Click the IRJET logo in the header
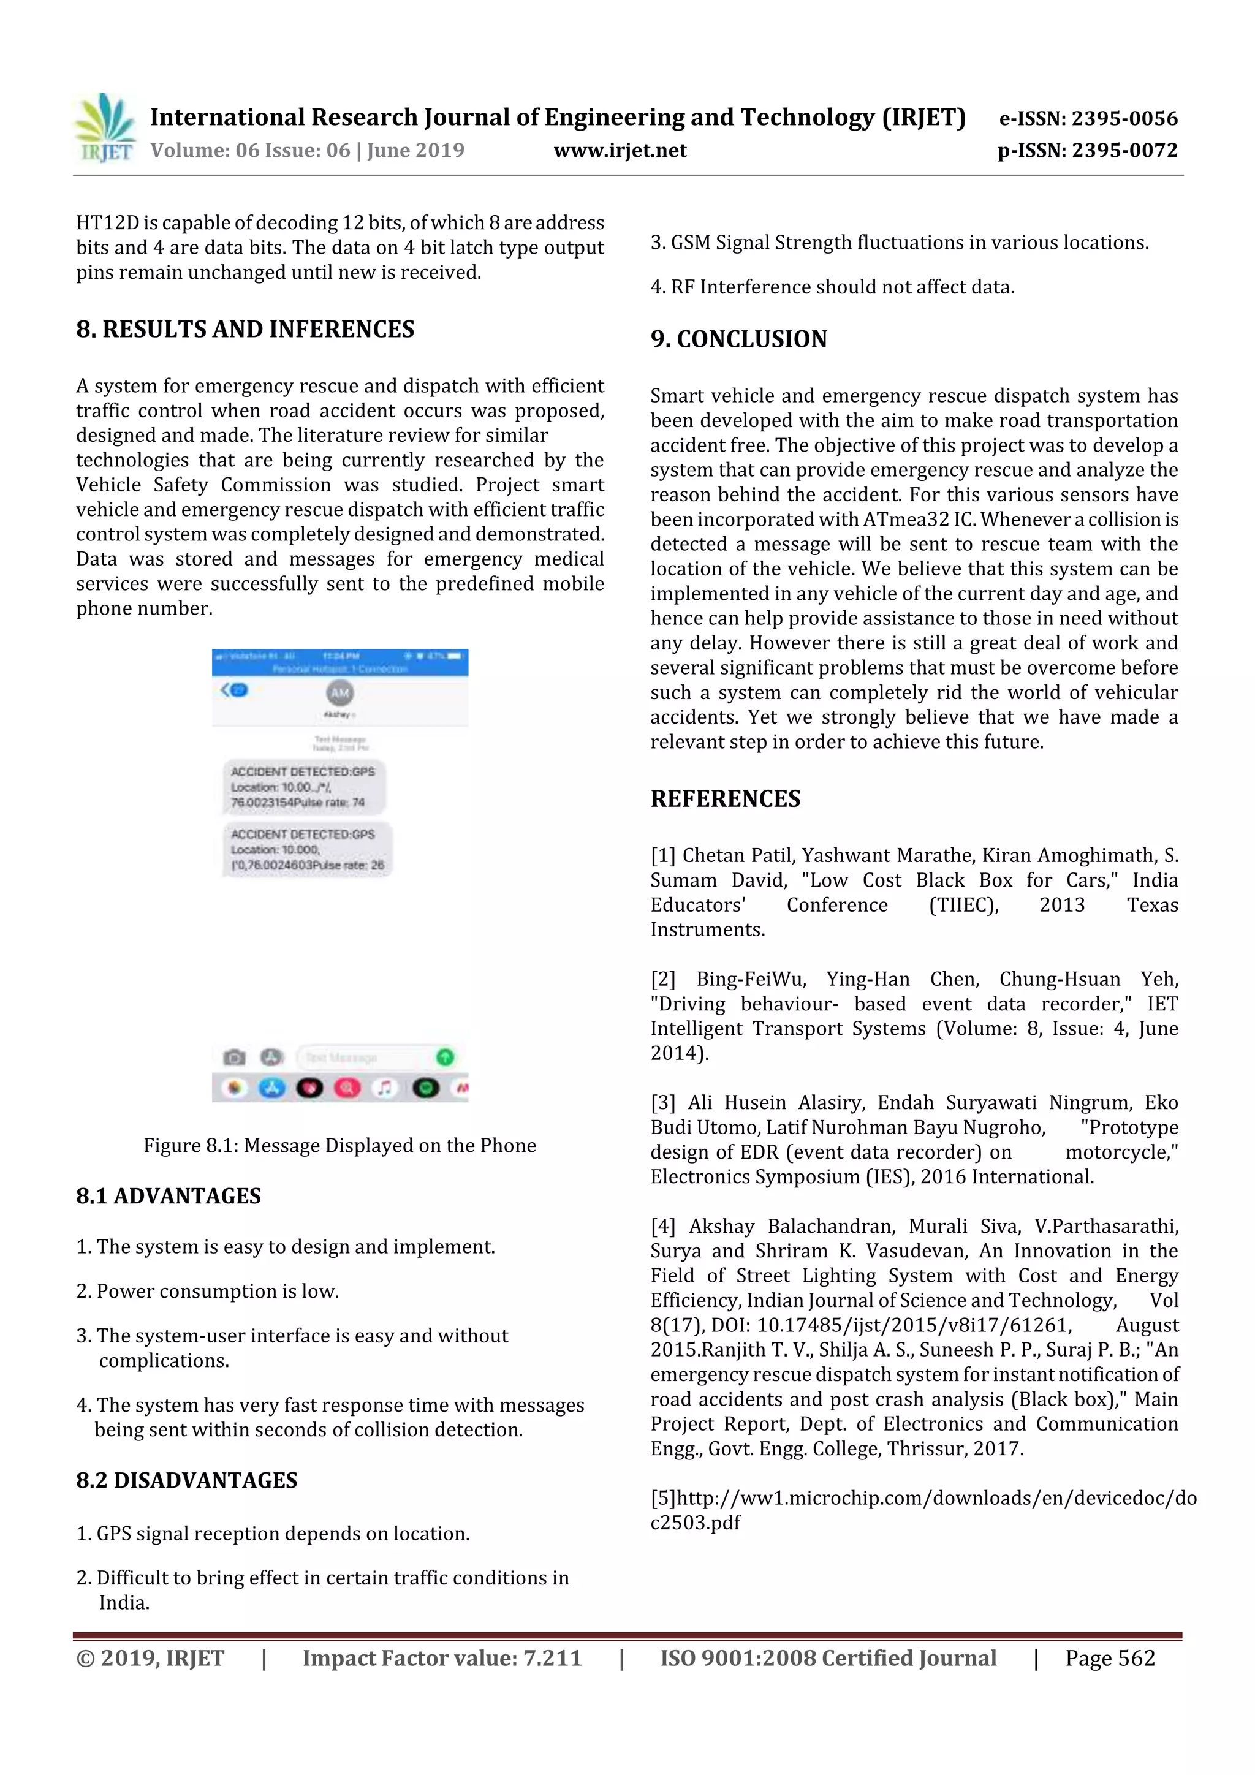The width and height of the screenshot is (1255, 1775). (x=105, y=128)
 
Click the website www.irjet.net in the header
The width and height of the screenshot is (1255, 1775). (x=620, y=151)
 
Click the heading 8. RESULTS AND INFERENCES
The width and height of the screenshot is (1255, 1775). (x=245, y=330)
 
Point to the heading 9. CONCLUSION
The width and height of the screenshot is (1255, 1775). (x=738, y=339)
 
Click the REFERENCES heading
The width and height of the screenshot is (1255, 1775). (x=726, y=798)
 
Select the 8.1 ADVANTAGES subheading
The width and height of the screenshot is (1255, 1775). (x=169, y=1196)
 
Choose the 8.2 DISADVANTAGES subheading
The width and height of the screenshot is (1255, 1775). (x=186, y=1480)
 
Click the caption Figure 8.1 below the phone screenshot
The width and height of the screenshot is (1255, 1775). (x=339, y=1145)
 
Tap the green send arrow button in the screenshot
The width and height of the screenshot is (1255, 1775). (x=446, y=1056)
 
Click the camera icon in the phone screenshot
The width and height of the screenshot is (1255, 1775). (x=234, y=1057)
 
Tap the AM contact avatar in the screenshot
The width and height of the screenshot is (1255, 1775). (x=340, y=693)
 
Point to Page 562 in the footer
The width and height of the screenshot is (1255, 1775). (x=1110, y=1658)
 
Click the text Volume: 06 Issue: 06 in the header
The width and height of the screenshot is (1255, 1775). (x=251, y=151)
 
